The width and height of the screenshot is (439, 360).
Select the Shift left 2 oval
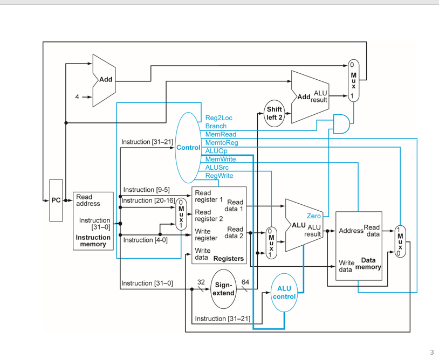pos(275,113)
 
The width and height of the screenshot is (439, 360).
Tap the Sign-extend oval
pos(223,289)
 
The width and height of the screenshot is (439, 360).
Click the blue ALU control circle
pos(284,293)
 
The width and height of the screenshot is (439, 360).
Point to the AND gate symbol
pos(341,123)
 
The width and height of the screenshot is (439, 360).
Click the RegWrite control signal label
pos(219,176)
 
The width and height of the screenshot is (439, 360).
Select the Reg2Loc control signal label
pos(218,117)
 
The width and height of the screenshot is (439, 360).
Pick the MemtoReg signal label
pos(221,143)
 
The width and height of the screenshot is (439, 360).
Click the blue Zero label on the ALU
pos(313,216)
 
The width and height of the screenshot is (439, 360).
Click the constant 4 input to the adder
pos(77,97)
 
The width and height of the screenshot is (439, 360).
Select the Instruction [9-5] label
pos(146,190)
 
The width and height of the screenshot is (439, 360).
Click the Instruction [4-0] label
pos(145,240)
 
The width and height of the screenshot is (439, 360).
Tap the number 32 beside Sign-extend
pos(201,282)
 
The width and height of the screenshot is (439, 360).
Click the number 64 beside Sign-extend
pos(245,282)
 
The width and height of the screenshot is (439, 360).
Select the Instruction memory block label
pos(93,241)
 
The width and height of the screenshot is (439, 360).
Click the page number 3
pos(431,352)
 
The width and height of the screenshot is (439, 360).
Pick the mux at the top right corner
pos(353,80)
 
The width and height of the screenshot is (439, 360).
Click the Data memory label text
pos(372,264)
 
